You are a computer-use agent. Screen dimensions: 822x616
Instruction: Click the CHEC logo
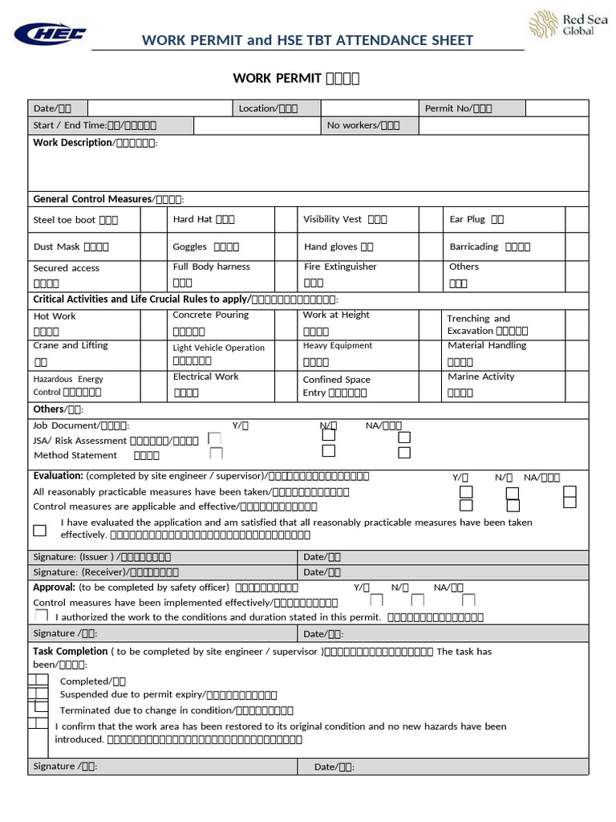pos(50,34)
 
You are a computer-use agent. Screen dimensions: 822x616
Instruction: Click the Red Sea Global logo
pos(561,25)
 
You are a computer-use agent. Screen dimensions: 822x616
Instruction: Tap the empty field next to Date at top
pos(160,108)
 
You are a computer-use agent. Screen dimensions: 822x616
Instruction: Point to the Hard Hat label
pos(204,219)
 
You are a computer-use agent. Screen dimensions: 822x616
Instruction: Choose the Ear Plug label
pos(476,219)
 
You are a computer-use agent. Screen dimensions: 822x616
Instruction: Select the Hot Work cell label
pos(55,316)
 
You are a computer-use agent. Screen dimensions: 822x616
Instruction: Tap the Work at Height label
pos(336,315)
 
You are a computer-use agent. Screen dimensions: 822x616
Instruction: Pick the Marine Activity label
pos(480,376)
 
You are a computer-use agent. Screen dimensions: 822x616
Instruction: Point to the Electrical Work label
pos(205,376)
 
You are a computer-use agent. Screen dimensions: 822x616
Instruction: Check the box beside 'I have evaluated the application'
pos(39,530)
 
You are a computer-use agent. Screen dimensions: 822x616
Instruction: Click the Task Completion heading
pos(70,652)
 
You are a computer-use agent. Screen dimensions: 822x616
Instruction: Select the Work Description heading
pos(72,143)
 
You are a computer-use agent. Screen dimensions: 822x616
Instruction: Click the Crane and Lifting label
pos(71,346)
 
